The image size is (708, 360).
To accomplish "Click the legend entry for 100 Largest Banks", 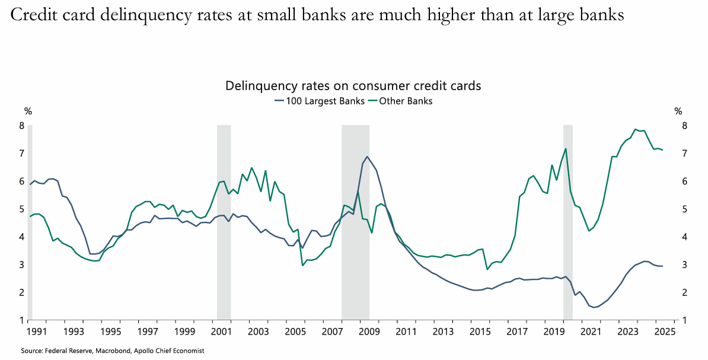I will (321, 101).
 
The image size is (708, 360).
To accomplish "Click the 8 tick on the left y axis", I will (21, 126).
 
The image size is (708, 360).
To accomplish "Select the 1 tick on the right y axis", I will (684, 320).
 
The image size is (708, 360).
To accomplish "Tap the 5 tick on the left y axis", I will (21, 209).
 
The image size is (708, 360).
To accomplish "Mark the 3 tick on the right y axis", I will (684, 265).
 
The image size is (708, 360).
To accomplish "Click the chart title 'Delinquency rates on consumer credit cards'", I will (353, 86).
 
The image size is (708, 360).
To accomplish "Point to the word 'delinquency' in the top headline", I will (139, 16).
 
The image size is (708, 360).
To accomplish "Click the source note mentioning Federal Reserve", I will (113, 351).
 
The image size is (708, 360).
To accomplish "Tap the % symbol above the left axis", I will (27, 111).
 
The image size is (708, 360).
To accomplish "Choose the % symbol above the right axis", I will (678, 111).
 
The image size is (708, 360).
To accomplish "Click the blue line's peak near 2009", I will (367, 157).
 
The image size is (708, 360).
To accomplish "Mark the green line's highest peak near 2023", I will (635, 129).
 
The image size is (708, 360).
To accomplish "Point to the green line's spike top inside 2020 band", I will (566, 149).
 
